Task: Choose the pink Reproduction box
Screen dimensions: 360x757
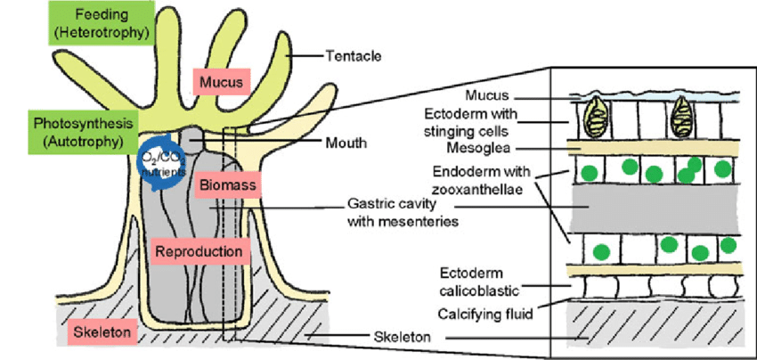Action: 199,252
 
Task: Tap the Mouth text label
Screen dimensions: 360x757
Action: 346,142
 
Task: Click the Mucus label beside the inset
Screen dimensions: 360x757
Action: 489,94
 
